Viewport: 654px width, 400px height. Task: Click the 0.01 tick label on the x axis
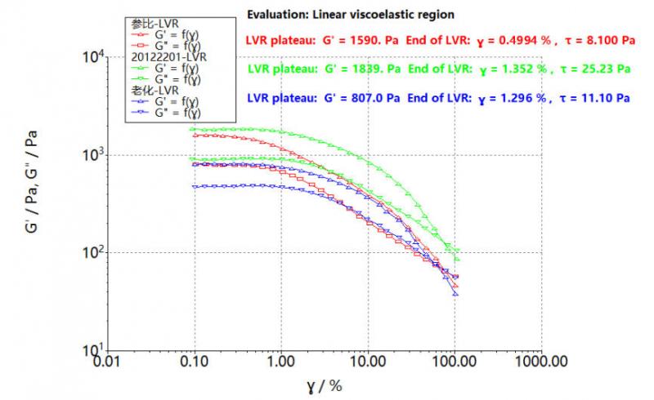pos(105,360)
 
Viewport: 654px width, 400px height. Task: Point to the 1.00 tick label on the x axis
pos(281,360)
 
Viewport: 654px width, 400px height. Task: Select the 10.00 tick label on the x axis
pos(366,360)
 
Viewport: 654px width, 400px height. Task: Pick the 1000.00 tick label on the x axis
pos(540,360)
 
